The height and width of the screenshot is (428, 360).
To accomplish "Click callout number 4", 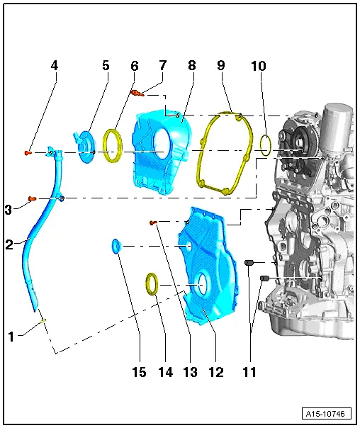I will [55, 65].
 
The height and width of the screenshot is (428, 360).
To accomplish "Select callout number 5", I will [106, 65].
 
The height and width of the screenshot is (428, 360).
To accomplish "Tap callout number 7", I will [162, 65].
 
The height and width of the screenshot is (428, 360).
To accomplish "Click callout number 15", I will [140, 371].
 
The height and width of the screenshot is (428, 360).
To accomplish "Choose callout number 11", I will [249, 371].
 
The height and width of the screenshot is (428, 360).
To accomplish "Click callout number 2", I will [10, 244].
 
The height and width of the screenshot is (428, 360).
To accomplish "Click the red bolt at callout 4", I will [28, 152].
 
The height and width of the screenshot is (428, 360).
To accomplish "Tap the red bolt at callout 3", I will [31, 199].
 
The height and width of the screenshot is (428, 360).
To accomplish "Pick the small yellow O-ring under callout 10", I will [265, 145].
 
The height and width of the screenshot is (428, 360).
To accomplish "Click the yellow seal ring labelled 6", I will [113, 145].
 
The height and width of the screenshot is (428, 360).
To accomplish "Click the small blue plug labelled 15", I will [117, 246].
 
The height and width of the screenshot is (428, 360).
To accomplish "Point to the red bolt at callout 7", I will [137, 92].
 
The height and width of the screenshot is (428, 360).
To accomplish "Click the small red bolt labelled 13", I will [152, 223].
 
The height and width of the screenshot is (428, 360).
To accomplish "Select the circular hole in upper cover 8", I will [162, 142].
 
